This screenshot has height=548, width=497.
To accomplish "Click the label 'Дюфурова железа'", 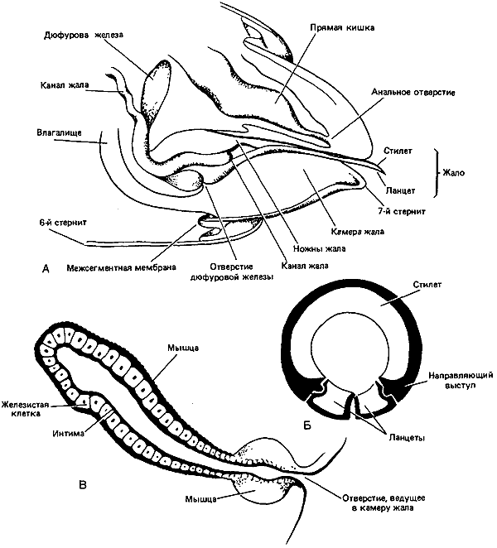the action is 83,35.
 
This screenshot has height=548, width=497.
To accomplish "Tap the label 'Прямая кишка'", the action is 342,27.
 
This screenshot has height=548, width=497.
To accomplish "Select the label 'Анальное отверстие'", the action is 413,93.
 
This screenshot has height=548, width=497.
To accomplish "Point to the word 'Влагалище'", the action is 59,132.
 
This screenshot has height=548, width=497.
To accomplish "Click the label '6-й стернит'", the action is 63,223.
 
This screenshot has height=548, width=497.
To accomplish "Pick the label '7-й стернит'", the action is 401,211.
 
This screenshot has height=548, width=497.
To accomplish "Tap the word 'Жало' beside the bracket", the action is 453,173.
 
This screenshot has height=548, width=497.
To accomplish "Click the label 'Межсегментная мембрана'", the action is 121,267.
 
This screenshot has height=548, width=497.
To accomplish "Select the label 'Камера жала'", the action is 358,231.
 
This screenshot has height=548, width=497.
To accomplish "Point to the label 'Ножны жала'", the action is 320,248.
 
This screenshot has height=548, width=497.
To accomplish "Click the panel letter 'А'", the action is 46,268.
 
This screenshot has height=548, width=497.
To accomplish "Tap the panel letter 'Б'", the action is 307,425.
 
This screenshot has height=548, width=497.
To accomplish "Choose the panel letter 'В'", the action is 83,485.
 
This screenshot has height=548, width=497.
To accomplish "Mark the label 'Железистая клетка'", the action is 25,409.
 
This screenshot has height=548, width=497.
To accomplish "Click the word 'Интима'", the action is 69,433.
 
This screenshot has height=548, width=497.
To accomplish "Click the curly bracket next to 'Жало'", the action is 436,173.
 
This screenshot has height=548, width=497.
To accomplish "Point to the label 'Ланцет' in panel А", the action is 400,190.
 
